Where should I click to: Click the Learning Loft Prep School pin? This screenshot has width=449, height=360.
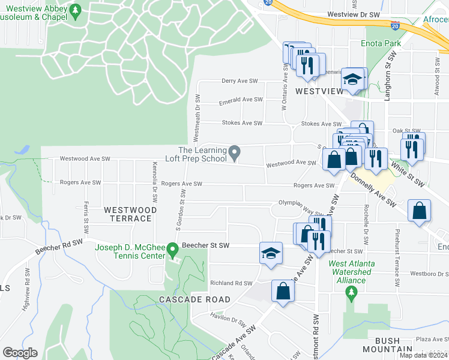click(x=236, y=152)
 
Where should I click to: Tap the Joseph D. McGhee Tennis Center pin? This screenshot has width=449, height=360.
click(x=172, y=248)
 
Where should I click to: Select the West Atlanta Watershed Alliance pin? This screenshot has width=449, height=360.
click(x=351, y=292)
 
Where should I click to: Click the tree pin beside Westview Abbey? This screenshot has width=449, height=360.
click(x=74, y=10)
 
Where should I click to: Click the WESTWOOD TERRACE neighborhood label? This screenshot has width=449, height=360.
click(x=130, y=214)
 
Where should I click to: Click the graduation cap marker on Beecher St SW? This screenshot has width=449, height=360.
click(x=271, y=253)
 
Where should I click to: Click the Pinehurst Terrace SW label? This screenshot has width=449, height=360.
click(x=396, y=258)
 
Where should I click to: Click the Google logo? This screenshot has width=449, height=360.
click(x=20, y=353)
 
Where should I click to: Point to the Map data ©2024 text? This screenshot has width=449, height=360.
click(x=423, y=355)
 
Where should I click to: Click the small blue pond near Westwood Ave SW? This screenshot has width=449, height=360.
click(x=23, y=148)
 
